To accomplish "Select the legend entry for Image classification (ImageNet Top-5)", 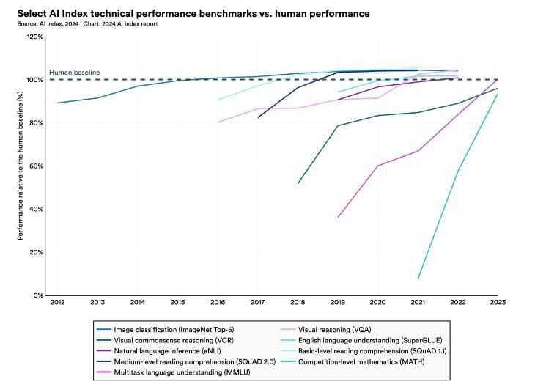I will tap(169, 331).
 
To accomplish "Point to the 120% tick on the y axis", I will tap(36, 37).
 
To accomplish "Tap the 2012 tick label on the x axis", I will tap(58, 302).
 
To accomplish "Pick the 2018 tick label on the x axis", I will tap(298, 302).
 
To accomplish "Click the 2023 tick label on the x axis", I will tap(498, 302).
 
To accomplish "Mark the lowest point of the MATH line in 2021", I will tap(418, 279).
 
